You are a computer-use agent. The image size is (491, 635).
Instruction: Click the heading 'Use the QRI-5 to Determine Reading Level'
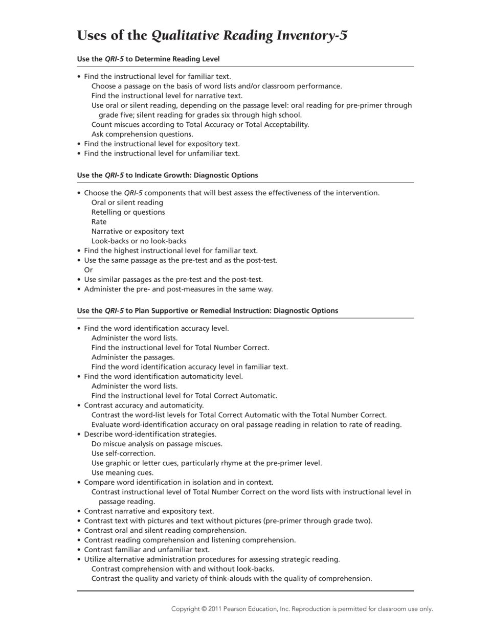tap(148, 59)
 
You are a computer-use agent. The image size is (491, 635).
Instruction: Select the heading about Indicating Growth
tap(167, 175)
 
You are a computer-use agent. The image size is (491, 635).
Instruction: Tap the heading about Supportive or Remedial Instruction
tap(207, 310)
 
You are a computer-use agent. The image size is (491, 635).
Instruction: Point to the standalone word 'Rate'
tap(99, 222)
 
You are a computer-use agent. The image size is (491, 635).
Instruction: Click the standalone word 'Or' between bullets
tap(88, 270)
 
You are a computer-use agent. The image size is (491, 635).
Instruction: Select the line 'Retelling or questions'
tap(128, 212)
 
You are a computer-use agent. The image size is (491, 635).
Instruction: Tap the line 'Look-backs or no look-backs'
tap(139, 241)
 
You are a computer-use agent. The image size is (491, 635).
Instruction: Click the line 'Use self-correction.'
tap(123, 453)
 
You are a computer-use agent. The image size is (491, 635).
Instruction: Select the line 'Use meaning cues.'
tap(122, 473)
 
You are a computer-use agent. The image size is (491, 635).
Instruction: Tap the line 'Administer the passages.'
tap(133, 357)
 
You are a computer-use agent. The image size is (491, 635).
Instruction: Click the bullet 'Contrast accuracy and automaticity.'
tap(144, 405)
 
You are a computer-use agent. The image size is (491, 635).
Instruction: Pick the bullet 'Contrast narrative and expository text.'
tap(149, 511)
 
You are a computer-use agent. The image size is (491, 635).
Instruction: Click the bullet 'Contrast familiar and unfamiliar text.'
tap(147, 550)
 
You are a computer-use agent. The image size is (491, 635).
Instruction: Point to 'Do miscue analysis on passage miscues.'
tap(157, 444)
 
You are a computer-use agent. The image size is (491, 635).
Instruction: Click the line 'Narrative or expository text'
tap(138, 232)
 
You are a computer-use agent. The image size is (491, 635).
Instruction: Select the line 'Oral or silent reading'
tap(127, 202)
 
